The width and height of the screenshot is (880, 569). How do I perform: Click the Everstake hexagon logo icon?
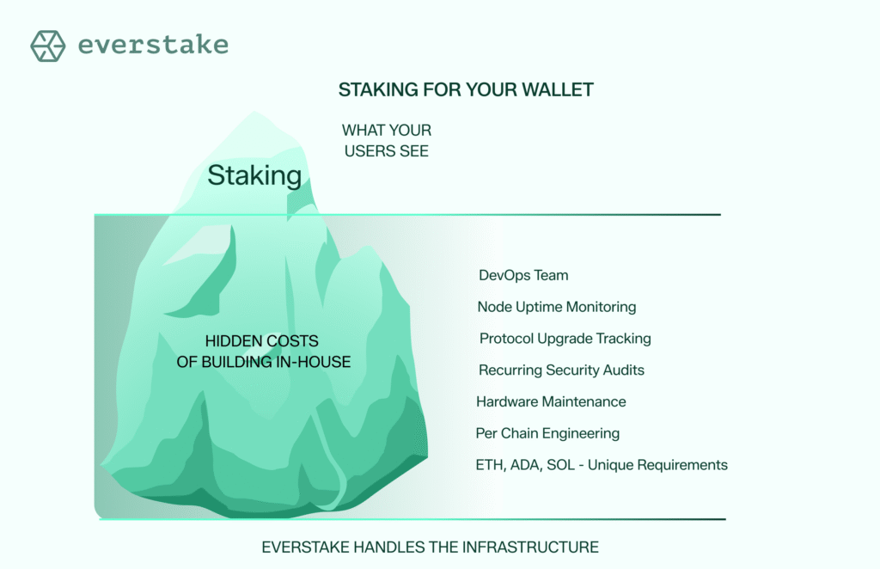click(48, 46)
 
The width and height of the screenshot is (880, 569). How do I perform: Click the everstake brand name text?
click(153, 46)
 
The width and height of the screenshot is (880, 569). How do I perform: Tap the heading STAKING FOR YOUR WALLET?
click(465, 90)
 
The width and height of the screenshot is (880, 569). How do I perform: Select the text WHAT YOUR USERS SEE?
click(387, 141)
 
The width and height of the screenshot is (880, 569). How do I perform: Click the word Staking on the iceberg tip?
click(254, 176)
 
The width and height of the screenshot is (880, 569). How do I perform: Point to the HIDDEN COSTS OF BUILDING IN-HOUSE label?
click(264, 352)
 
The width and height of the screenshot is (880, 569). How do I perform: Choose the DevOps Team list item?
click(523, 275)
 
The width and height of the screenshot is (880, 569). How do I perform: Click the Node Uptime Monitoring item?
click(556, 307)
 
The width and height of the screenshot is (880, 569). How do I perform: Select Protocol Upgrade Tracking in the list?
click(565, 339)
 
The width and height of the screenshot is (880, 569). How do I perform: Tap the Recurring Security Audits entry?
click(561, 370)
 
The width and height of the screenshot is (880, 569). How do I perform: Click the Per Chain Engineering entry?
click(547, 433)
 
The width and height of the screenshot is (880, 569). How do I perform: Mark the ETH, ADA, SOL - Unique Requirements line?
click(602, 465)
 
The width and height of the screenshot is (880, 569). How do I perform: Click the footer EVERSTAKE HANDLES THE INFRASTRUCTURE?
click(430, 547)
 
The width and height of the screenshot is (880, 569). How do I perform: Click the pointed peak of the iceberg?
click(253, 114)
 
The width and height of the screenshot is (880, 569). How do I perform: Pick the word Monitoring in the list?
click(602, 307)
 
